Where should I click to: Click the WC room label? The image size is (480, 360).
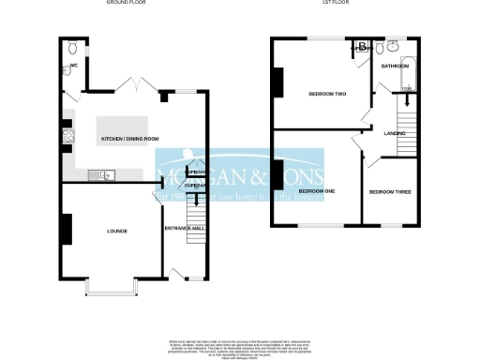[71, 67]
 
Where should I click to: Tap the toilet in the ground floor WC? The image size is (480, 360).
[72, 47]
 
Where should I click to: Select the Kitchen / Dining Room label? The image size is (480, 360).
[129, 139]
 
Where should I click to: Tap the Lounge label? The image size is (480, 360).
[117, 231]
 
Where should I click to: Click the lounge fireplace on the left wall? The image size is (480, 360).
[67, 229]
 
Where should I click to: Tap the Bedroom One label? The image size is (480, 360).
[317, 191]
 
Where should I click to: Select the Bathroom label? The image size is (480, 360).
[395, 67]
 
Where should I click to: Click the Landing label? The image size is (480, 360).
[395, 134]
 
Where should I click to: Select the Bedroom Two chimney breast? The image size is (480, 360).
[277, 84]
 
